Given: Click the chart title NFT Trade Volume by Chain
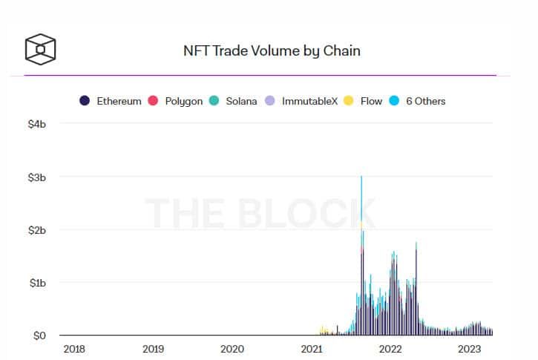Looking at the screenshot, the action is (x=272, y=51).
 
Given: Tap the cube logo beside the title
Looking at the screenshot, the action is (x=41, y=49).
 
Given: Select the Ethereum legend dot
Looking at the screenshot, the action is (x=85, y=100).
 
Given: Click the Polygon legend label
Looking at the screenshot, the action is (x=184, y=101).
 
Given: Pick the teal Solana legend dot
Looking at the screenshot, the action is (x=214, y=100).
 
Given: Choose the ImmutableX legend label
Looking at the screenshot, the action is (x=310, y=101).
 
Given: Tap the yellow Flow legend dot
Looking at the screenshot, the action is (x=348, y=100).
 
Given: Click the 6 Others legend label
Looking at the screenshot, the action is (x=426, y=101).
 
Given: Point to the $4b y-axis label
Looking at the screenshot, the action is (x=37, y=124).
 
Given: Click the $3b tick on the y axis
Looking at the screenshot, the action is (x=37, y=177).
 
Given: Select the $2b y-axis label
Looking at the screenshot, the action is (x=37, y=230).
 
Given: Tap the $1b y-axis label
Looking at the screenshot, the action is (x=38, y=283).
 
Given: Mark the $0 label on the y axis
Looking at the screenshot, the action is (x=39, y=336).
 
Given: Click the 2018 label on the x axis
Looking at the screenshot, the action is (x=74, y=349).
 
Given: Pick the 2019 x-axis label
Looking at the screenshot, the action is (x=153, y=349).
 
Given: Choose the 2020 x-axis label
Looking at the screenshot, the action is (x=232, y=349).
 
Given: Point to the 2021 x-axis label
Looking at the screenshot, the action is (x=312, y=349).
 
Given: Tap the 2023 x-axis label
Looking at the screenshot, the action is (x=470, y=349).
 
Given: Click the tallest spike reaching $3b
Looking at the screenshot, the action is (x=361, y=255).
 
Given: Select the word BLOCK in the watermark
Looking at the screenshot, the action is (x=306, y=213).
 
